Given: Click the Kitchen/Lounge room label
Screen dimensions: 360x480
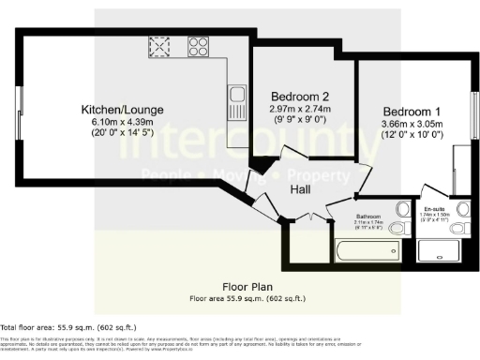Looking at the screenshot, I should tap(122, 110).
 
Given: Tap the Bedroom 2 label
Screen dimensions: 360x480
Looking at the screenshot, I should tap(300, 97).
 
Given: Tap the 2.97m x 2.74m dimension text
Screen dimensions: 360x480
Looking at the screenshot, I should tap(300, 109).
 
